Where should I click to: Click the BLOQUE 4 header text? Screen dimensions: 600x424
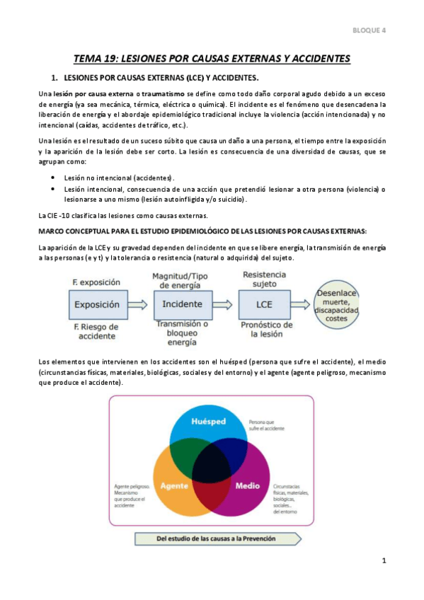(x=369, y=30)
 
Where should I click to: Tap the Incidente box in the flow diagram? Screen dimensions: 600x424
(x=182, y=304)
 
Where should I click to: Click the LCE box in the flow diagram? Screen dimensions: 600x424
(x=265, y=304)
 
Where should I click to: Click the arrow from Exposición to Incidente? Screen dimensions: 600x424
(x=139, y=304)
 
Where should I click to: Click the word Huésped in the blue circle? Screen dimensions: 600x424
(x=210, y=420)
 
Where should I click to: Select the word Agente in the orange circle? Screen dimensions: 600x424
(x=173, y=486)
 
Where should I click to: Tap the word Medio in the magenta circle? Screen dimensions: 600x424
(x=247, y=486)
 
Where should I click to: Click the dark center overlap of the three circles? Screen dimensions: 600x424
(x=211, y=467)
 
